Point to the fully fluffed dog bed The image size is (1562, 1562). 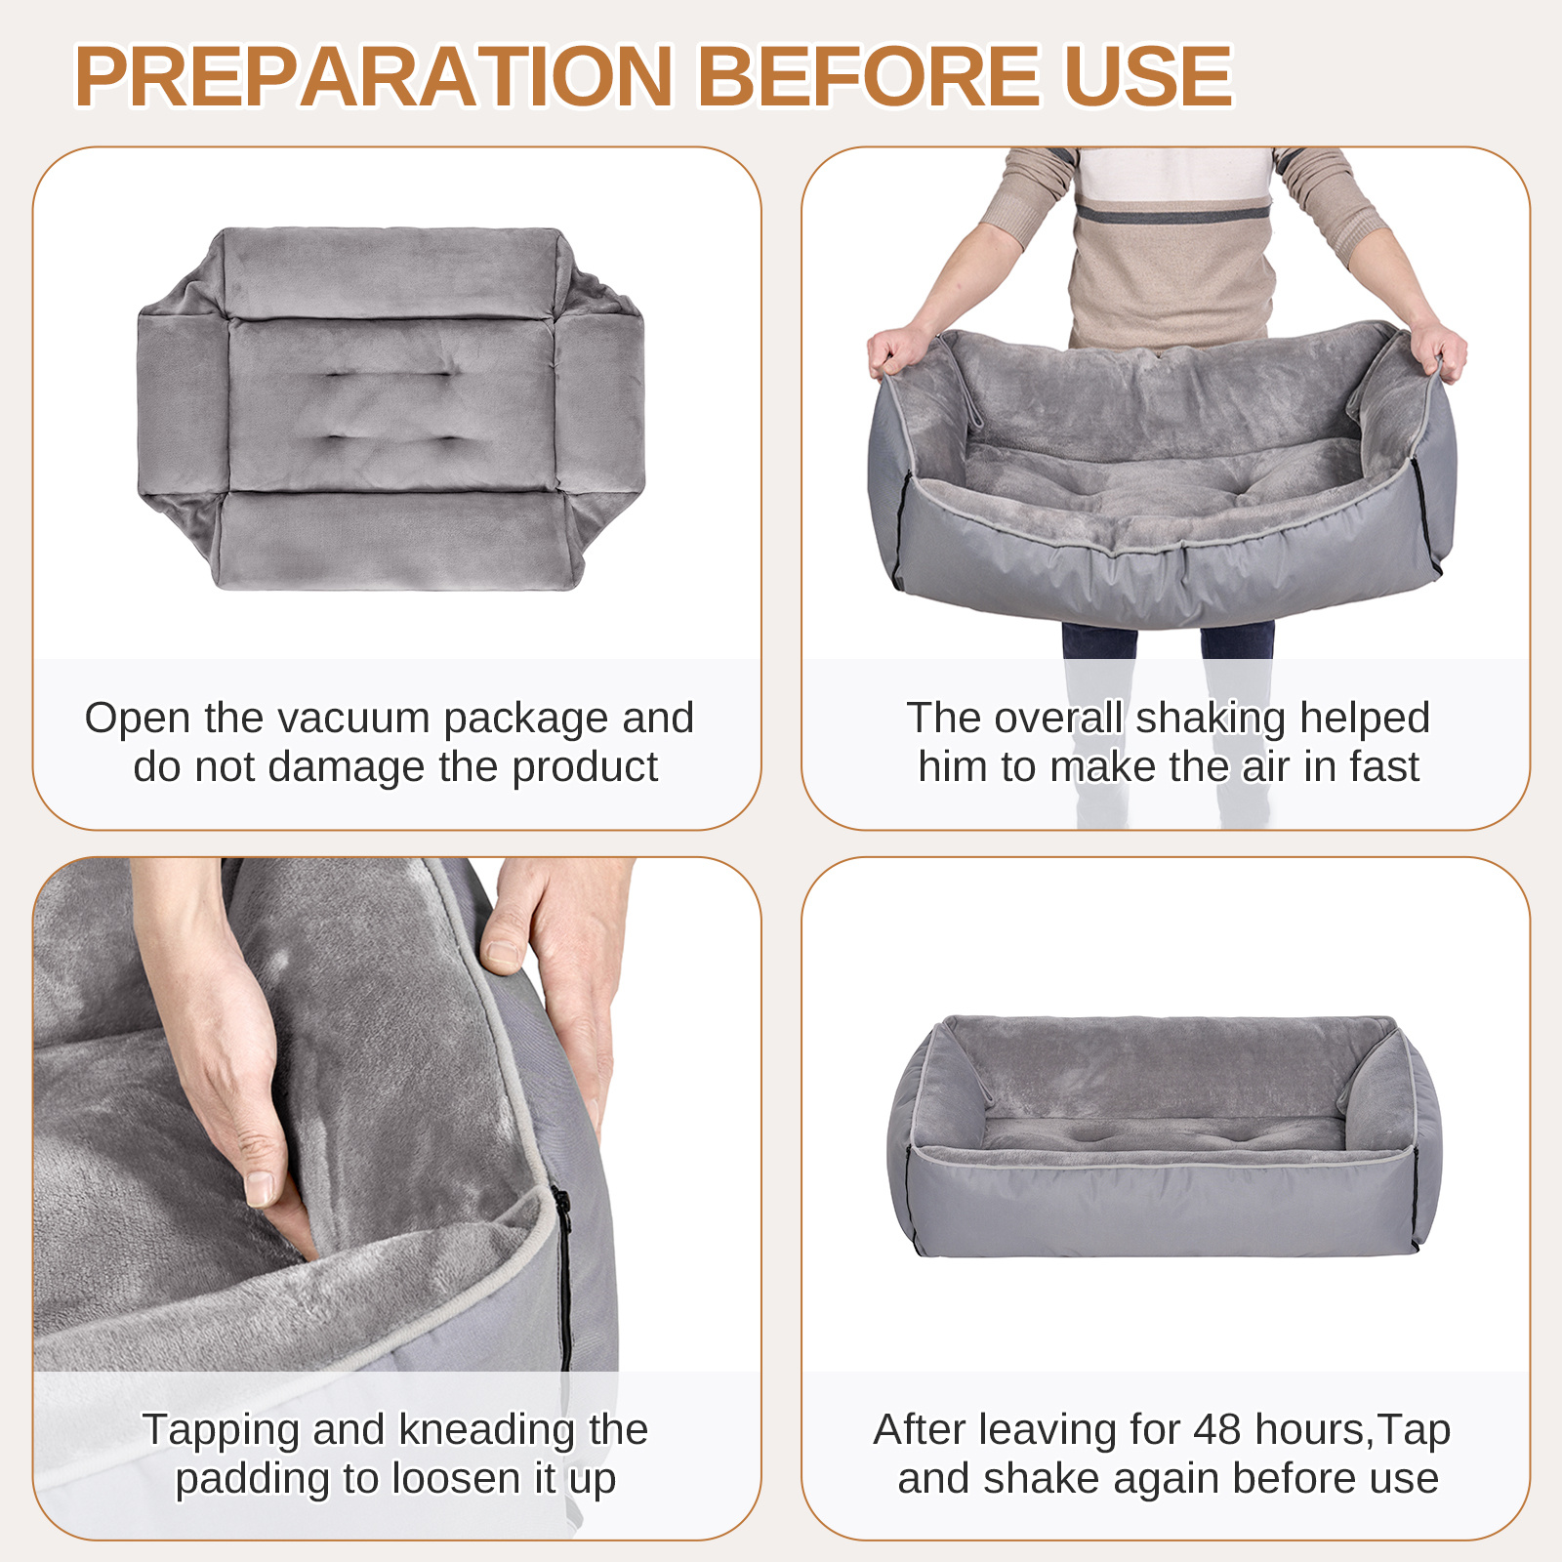(1165, 1136)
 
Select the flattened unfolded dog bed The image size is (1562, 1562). (390, 409)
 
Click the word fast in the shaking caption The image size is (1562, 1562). (1384, 767)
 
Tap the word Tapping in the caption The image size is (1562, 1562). (222, 1430)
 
